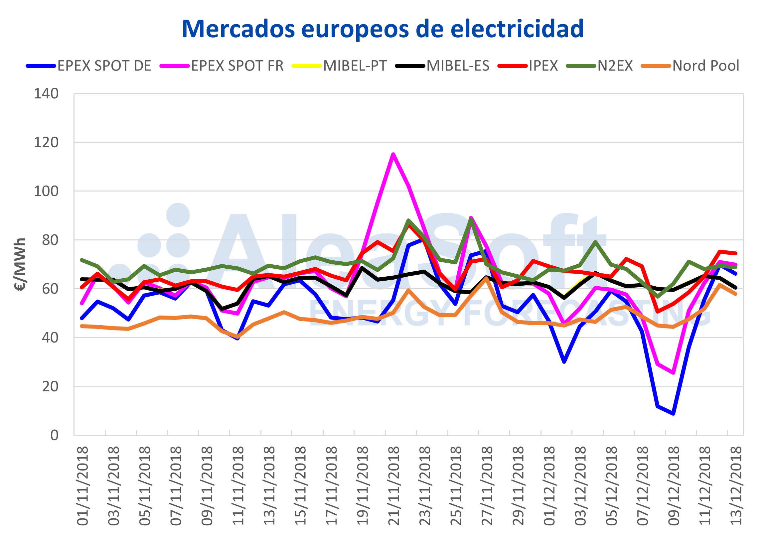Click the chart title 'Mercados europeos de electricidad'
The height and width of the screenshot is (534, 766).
[383, 29]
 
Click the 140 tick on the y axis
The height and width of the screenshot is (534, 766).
[46, 94]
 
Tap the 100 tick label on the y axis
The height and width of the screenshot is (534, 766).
[46, 192]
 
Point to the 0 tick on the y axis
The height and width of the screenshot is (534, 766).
[54, 435]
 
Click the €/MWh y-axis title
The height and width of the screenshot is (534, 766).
[20, 264]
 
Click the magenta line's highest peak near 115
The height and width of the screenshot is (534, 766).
[393, 154]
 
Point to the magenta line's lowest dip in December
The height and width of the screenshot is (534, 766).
[673, 372]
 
